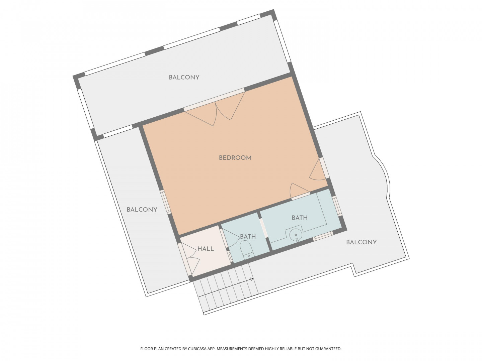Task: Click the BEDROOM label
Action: point(235,158)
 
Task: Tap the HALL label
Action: point(206,249)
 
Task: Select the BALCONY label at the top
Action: point(184,77)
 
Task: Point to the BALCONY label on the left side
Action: point(142,210)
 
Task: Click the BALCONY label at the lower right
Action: point(361,242)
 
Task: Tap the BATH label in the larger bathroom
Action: point(300,218)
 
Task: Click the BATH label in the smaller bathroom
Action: point(248,237)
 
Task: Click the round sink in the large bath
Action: point(296,235)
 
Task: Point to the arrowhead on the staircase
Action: point(252,279)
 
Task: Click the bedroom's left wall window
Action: point(166,202)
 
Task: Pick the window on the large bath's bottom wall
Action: point(322,236)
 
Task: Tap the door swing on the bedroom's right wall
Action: point(316,170)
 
